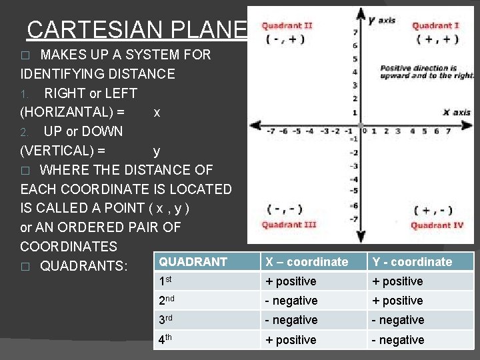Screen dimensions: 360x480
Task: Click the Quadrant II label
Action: (287, 25)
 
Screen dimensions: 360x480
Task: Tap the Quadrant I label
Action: (435, 25)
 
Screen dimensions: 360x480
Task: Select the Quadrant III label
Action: (289, 225)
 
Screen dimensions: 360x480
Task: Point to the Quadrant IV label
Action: (437, 225)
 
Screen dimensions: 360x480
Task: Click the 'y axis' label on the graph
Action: (381, 19)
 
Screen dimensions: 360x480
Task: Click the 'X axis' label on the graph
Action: (457, 112)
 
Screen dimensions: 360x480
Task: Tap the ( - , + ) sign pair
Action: (285, 39)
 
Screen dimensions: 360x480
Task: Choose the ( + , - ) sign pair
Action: (433, 211)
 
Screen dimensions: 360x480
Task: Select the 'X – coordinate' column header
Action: (306, 262)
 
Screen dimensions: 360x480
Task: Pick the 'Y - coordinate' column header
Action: (412, 262)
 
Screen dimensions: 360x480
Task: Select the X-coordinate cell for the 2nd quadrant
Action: (291, 301)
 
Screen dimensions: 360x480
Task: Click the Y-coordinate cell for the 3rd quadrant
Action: (397, 320)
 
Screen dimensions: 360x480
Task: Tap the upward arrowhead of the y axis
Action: (360, 12)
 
